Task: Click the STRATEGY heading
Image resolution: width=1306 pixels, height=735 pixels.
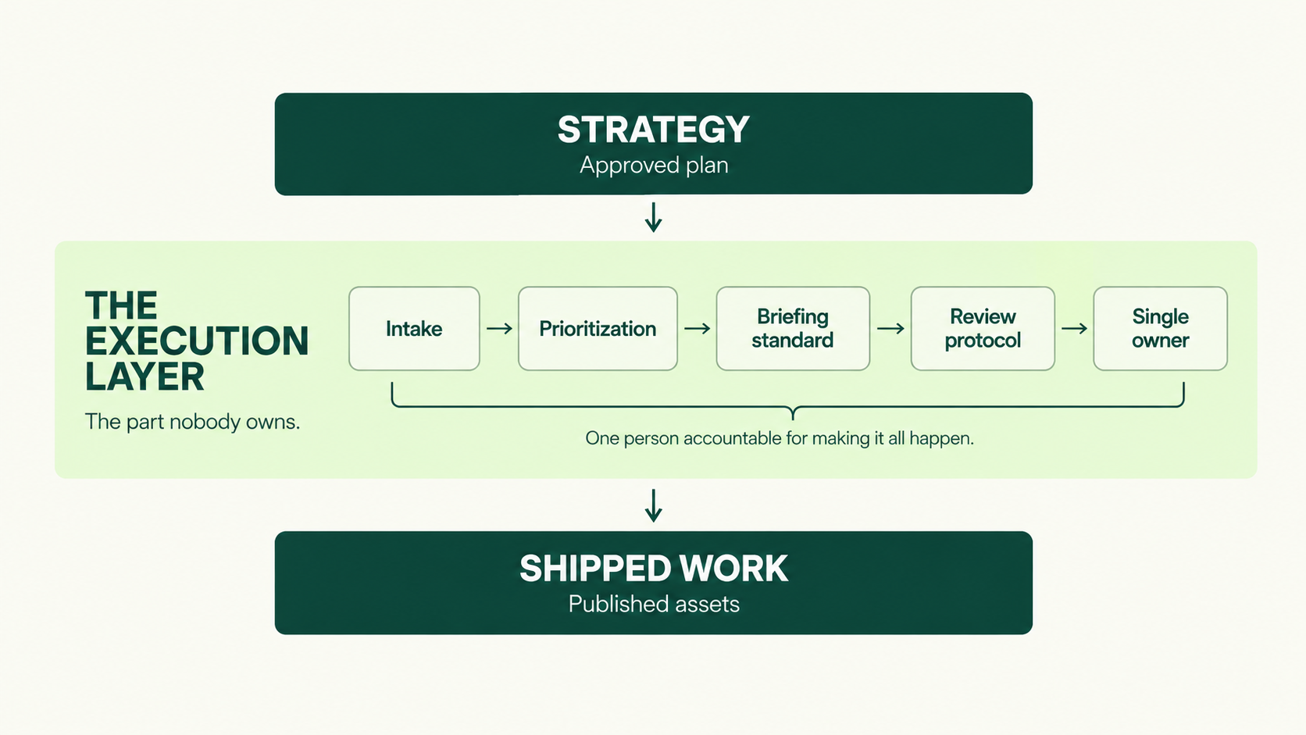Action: click(653, 129)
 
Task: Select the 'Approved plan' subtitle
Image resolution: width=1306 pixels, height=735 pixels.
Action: click(654, 166)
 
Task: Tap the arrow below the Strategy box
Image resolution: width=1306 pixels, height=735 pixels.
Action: click(654, 217)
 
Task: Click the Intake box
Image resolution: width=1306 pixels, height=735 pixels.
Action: click(414, 329)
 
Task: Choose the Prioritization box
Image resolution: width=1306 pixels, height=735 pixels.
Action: click(598, 329)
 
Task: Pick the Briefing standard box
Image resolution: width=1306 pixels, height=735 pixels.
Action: click(793, 329)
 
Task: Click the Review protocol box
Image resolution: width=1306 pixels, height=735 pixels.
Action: click(983, 329)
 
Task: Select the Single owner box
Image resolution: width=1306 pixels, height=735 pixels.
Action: click(1160, 329)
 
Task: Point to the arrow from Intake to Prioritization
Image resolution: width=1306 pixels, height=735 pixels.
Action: click(499, 329)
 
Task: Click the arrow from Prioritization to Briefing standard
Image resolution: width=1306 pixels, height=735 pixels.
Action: click(698, 329)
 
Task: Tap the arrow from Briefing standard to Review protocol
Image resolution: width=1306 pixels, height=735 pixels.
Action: click(891, 329)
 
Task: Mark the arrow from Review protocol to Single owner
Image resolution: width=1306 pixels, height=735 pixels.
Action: click(1075, 329)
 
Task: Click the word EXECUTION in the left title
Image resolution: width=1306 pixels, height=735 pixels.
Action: click(197, 341)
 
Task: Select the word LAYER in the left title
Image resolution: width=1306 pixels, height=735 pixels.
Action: click(145, 376)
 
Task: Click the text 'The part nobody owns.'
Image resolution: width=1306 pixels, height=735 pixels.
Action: click(192, 422)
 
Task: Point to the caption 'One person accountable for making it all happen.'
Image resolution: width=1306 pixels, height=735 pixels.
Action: click(780, 438)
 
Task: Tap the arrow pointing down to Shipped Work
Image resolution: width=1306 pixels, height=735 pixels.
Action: click(654, 505)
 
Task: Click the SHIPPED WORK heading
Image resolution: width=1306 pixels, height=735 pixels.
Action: click(654, 569)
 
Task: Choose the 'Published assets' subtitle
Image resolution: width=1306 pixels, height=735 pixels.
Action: click(654, 605)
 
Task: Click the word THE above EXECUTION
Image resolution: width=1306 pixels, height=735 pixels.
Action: click(121, 305)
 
